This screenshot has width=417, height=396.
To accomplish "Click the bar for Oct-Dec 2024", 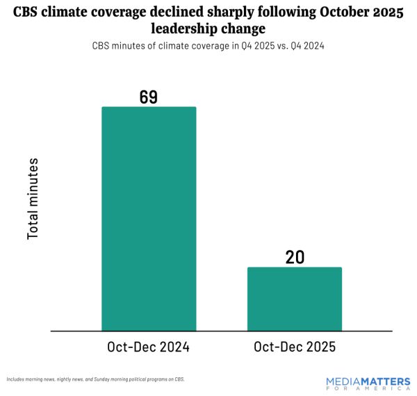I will (149, 219).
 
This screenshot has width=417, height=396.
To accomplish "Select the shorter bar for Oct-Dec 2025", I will (295, 299).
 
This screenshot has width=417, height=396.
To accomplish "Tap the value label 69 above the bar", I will (149, 97).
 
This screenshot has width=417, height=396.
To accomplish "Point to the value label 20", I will (295, 257).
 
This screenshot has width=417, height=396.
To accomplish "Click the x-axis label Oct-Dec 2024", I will (149, 347).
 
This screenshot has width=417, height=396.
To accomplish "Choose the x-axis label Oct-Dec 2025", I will (295, 347).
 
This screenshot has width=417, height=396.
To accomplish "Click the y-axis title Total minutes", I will (33, 199).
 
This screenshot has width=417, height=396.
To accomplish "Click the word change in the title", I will (244, 30).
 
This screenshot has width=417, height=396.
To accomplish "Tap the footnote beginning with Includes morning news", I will (95, 379).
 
